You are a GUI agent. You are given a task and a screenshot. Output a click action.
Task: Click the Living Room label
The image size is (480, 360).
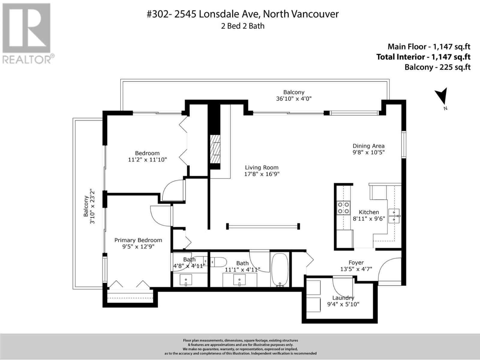pyautogui.click(x=262, y=167)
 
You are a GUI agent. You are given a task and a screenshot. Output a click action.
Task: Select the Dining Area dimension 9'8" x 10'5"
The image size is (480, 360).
pyautogui.click(x=368, y=152)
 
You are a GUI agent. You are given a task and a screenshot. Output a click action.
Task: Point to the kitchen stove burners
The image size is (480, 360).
pyautogui.click(x=343, y=208)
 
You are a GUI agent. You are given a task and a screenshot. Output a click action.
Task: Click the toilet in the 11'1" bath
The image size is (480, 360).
pyautogui.click(x=218, y=262)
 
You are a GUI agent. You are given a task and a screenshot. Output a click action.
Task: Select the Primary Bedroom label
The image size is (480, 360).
pyautogui.click(x=138, y=240)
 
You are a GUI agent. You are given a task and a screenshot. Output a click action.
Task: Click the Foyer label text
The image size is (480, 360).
pyautogui.click(x=356, y=262)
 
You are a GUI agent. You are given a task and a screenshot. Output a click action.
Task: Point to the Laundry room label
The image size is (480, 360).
pyautogui.click(x=343, y=298)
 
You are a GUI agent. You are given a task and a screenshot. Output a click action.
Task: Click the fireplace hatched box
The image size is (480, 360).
pyautogui.click(x=215, y=149)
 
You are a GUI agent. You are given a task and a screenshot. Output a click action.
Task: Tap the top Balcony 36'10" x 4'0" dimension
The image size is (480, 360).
pyautogui.click(x=294, y=99)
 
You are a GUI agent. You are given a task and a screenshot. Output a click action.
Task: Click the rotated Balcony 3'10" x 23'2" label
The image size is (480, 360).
pyautogui.click(x=89, y=206)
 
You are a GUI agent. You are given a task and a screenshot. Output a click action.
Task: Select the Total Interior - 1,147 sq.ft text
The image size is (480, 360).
pyautogui.click(x=423, y=57)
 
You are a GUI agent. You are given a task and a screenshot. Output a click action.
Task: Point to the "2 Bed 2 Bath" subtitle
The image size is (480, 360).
pyautogui.click(x=243, y=26)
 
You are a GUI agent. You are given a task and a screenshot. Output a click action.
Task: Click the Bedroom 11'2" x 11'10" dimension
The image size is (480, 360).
pyautogui.click(x=147, y=160)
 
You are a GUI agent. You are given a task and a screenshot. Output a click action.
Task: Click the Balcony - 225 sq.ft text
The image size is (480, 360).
pyautogui.click(x=438, y=67)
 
